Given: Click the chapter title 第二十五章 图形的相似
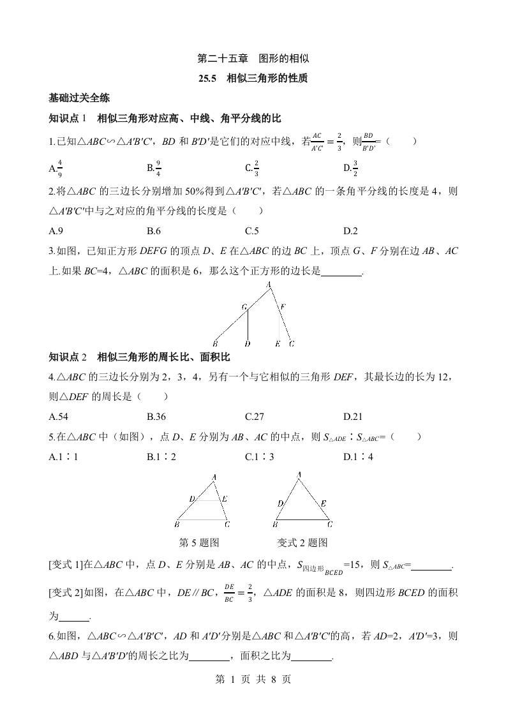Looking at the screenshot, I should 253,59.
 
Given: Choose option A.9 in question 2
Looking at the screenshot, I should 55,231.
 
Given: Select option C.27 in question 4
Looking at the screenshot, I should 255,417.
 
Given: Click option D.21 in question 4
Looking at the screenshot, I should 353,417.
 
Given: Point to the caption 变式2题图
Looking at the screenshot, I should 302,543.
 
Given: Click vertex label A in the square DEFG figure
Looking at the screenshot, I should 269,285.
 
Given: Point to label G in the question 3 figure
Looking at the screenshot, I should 244,307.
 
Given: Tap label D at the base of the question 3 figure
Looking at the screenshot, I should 247,344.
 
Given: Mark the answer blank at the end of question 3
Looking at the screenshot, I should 342,272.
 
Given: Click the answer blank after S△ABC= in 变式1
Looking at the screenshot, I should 432,565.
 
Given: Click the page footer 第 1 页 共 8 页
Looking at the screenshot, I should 253,680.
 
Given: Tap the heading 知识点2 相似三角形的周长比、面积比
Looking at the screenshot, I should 139,357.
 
